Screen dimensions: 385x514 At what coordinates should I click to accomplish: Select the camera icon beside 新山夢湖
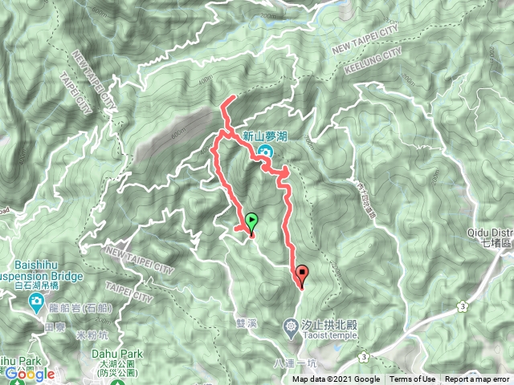click(266, 150)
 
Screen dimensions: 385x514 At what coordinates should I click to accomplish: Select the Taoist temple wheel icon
click(292, 325)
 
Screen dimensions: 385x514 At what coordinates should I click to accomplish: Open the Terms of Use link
click(413, 379)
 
